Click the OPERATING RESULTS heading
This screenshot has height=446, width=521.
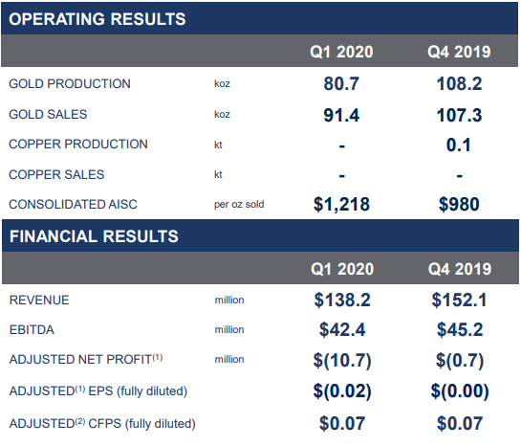pos(97,19)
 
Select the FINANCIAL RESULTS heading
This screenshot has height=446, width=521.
pos(94,236)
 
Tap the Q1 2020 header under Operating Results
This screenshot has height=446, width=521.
pos(341,52)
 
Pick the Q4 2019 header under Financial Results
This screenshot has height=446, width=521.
pos(460,269)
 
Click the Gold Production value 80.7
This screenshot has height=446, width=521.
pos(341,83)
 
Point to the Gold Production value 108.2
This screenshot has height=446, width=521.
pos(459,83)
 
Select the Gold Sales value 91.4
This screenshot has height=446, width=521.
pos(341,115)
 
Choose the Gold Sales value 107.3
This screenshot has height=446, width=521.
pos(459,115)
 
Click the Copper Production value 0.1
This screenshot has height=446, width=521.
pos(459,145)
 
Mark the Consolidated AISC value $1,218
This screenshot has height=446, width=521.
pos(341,204)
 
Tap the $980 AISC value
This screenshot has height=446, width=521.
pos(459,204)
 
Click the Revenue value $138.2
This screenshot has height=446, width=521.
pos(342,300)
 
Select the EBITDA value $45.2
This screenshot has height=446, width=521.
pos(460,329)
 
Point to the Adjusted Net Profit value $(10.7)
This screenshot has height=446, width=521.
pos(342,360)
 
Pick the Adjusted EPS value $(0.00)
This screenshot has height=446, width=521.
pos(460,391)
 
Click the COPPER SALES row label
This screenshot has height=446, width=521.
pos(56,174)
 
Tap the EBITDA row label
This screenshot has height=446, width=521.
pos(32,330)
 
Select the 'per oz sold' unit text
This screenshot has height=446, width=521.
pos(239,204)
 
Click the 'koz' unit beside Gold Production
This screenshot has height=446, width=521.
pos(222,83)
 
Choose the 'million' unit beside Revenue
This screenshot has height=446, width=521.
pos(229,300)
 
